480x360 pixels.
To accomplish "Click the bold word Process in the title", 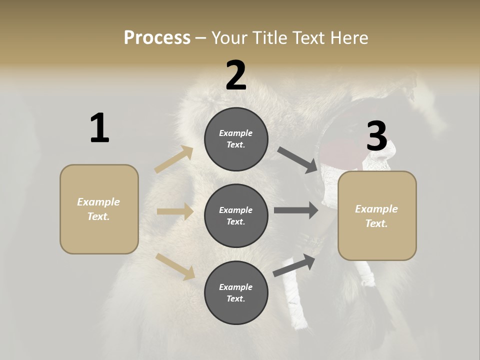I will click(x=157, y=37).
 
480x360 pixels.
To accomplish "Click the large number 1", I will click(x=99, y=128).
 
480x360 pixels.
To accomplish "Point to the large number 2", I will click(x=236, y=75).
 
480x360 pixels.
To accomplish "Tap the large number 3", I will click(x=377, y=136).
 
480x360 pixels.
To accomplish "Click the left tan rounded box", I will click(x=99, y=209).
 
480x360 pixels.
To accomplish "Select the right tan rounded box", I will click(x=377, y=216).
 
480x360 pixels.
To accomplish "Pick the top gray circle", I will click(x=236, y=139).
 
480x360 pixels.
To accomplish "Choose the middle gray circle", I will click(x=236, y=215).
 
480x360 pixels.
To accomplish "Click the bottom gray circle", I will click(x=236, y=292).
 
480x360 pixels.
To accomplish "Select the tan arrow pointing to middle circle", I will click(x=175, y=212).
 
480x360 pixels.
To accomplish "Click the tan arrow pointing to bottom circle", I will click(x=175, y=266).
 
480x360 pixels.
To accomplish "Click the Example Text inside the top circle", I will click(x=236, y=139).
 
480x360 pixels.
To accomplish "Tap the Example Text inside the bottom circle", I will click(x=236, y=292).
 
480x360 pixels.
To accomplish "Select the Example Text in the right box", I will click(x=376, y=216).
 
